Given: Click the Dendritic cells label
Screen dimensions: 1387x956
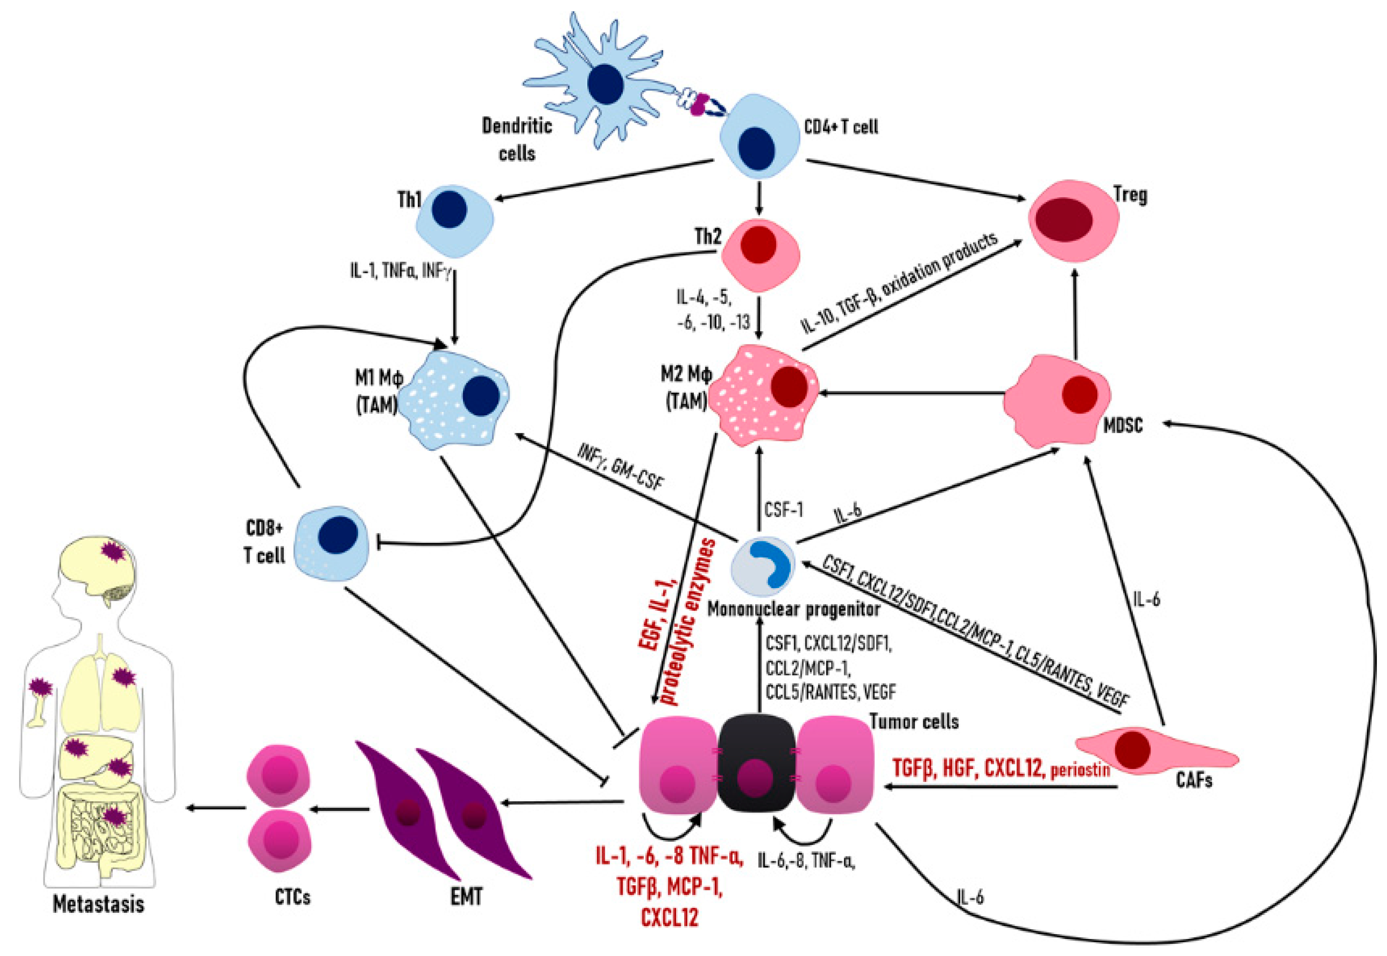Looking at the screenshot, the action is (517, 140).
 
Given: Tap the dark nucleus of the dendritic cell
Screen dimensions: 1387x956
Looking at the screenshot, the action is (606, 84).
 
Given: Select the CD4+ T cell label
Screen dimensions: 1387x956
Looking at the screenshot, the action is (841, 127).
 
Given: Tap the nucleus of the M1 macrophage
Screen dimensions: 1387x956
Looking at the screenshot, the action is (481, 396).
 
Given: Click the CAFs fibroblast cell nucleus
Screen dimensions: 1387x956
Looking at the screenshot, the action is (1132, 749).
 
